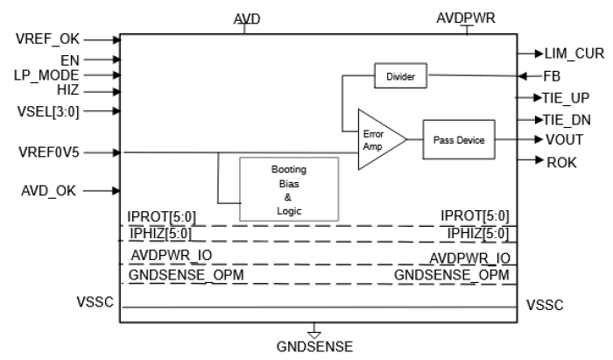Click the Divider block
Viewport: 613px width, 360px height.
(x=399, y=78)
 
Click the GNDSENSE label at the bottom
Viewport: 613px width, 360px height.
(x=314, y=347)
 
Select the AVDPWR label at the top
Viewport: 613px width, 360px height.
(x=467, y=16)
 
